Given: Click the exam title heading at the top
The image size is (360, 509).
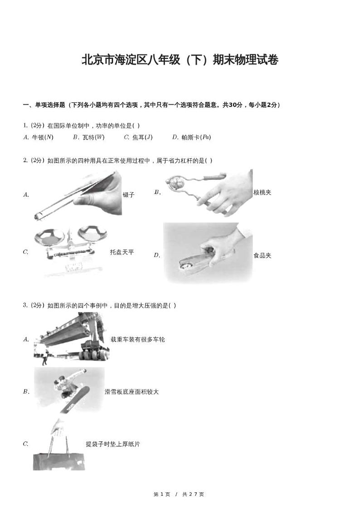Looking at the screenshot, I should [x=180, y=60].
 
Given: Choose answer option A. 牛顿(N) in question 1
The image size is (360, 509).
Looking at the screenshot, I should [x=38, y=137].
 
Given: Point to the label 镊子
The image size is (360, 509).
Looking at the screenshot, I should [x=128, y=195].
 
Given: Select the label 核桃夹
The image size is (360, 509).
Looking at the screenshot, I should [x=262, y=193].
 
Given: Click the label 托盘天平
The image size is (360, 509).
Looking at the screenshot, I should [x=122, y=252].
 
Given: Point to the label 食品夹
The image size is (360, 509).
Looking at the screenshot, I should [x=262, y=255].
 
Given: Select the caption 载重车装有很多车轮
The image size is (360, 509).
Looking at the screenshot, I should [x=137, y=339].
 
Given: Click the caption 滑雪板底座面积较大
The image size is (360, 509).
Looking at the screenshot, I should [x=131, y=392].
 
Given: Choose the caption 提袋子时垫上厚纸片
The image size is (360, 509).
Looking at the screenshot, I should [x=113, y=444].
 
